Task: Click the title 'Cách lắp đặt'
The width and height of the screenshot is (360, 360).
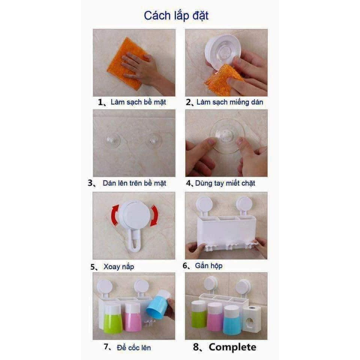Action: click(176, 16)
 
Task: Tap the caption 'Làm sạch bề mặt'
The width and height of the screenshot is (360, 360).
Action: click(138, 102)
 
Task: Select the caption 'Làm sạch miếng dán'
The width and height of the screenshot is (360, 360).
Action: click(230, 102)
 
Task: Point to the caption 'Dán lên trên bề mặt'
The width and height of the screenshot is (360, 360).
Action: click(134, 183)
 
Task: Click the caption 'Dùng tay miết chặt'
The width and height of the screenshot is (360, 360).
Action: click(225, 183)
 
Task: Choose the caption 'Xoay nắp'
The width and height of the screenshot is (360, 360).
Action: click(119, 267)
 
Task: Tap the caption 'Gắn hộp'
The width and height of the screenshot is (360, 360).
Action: click(209, 266)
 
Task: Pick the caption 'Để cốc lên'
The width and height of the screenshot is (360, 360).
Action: click(134, 348)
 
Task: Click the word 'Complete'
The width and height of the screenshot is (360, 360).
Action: click(232, 347)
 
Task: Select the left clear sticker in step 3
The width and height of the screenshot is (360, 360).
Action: click(112, 141)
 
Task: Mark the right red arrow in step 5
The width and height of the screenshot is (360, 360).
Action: click(154, 215)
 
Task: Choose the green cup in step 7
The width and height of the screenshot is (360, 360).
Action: click(112, 318)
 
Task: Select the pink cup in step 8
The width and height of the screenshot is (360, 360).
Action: click(215, 316)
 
